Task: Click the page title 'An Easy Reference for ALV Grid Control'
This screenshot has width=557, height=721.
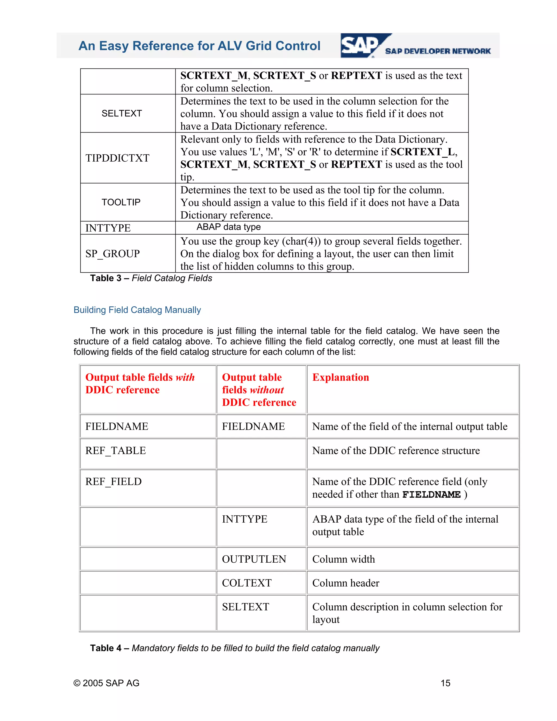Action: coord(199,46)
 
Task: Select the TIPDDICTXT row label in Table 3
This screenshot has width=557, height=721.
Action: coord(117,158)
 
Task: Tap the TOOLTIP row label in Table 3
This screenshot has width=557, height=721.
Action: coord(121,202)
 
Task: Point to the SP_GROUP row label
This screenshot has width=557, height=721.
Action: coord(113,254)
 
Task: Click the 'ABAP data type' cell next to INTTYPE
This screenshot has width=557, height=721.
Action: coord(228,227)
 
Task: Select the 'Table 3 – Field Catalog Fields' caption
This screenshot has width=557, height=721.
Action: coord(151,278)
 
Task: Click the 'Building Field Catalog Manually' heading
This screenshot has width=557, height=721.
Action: coord(137,310)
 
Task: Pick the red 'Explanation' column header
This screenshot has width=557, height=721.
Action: coord(341,377)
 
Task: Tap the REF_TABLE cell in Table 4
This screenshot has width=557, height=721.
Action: coord(116,451)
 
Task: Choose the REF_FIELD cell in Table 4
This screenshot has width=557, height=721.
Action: coord(113,482)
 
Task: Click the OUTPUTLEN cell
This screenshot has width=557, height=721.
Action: coord(254,559)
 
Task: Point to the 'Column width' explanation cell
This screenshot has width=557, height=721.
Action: coord(344,559)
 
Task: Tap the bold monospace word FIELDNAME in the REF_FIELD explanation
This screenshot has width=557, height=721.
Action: coord(431,495)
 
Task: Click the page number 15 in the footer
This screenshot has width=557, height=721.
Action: coord(445,683)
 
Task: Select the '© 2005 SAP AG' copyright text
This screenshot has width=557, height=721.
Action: coord(106,683)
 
